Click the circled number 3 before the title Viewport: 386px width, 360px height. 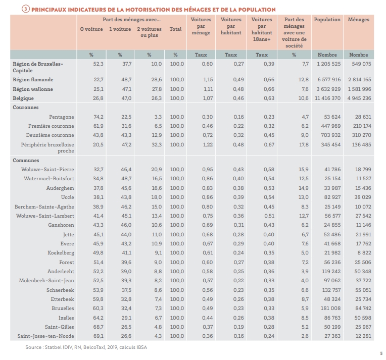[x=26, y=10]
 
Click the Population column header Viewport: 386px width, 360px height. [x=327, y=20]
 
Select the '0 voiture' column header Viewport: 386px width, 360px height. [x=91, y=29]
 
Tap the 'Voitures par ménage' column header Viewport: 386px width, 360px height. [x=201, y=26]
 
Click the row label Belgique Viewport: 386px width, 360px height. [x=23, y=98]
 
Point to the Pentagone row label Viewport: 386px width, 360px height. [x=62, y=117]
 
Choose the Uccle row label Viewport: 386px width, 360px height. [x=68, y=197]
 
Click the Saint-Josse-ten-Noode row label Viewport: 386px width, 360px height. [x=46, y=336]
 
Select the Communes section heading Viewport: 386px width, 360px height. [x=26, y=161]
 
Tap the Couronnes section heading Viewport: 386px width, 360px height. [x=26, y=107]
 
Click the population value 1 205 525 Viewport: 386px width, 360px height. [x=328, y=64]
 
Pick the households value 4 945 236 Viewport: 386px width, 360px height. [x=359, y=98]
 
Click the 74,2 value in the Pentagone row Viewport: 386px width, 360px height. [x=99, y=117]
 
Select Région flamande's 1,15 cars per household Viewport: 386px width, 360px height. [x=208, y=79]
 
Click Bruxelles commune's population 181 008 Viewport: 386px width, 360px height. [x=330, y=308]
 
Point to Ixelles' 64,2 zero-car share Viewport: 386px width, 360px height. [x=98, y=318]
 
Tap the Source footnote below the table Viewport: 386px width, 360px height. [x=86, y=347]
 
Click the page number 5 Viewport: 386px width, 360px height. [x=381, y=353]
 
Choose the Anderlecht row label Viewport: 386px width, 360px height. [x=61, y=272]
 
